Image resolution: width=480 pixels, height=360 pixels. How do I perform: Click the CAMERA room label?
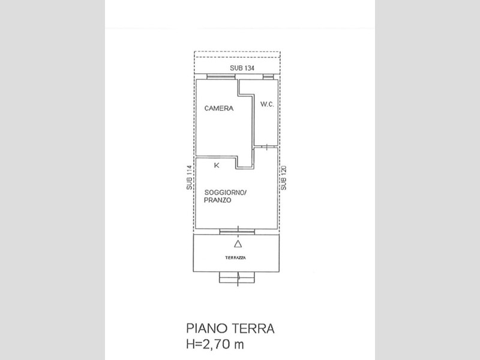(219, 108)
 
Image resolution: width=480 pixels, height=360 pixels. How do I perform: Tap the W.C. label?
(267, 104)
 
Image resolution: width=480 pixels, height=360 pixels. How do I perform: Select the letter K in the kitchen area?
(217, 166)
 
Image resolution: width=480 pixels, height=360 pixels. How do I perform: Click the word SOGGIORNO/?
(225, 193)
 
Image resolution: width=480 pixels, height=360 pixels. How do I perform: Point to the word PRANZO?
(217, 200)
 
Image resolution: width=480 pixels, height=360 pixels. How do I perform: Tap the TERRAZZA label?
(235, 258)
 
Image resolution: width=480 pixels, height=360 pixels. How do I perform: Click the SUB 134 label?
(242, 68)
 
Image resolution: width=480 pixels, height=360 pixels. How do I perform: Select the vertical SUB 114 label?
(190, 178)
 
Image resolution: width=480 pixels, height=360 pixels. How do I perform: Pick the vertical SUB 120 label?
(284, 178)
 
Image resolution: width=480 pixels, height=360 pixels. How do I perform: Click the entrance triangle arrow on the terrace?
(238, 244)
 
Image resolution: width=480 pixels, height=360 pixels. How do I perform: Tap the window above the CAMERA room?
(221, 77)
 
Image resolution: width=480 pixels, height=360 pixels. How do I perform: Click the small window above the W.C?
(268, 77)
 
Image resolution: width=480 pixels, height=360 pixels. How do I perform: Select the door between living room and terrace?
(237, 232)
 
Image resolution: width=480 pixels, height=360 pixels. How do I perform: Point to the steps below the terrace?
(237, 278)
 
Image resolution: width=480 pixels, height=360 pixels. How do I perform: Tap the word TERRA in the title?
(253, 328)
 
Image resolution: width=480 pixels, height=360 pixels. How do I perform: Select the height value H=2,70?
(208, 344)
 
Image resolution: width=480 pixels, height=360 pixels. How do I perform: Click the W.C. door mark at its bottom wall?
(267, 147)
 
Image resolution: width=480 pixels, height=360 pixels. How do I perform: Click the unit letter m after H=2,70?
(239, 346)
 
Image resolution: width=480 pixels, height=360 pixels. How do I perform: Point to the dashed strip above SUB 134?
(237, 54)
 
